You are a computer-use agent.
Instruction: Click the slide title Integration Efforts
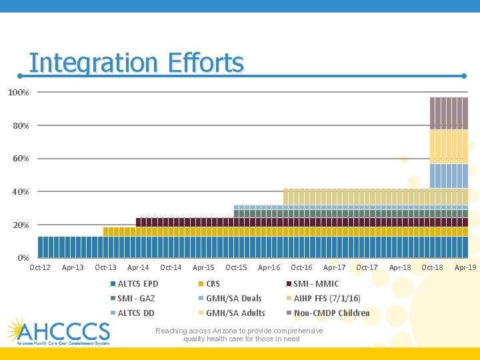[x=137, y=63]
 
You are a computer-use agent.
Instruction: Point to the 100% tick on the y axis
[x=19, y=92]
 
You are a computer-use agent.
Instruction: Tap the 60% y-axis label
[x=19, y=159]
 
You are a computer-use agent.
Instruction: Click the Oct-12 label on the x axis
[x=40, y=268]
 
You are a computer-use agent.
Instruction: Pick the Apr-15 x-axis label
[x=203, y=268]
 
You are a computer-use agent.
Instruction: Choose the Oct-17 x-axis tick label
[x=367, y=268]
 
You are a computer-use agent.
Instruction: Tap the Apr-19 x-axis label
[x=465, y=268]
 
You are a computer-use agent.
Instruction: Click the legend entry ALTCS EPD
[x=138, y=284]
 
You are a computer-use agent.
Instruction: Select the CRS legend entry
[x=213, y=284]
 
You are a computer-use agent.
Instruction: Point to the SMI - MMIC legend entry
[x=316, y=284]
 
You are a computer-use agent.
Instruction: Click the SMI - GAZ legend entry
[x=136, y=299]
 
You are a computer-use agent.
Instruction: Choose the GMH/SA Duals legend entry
[x=233, y=299]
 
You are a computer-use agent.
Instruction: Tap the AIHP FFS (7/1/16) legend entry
[x=327, y=299]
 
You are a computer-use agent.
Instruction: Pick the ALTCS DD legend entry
[x=135, y=313]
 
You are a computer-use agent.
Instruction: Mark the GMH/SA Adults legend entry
[x=235, y=313]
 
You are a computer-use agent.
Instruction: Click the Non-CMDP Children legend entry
[x=331, y=313]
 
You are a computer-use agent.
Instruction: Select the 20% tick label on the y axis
[x=19, y=225]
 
